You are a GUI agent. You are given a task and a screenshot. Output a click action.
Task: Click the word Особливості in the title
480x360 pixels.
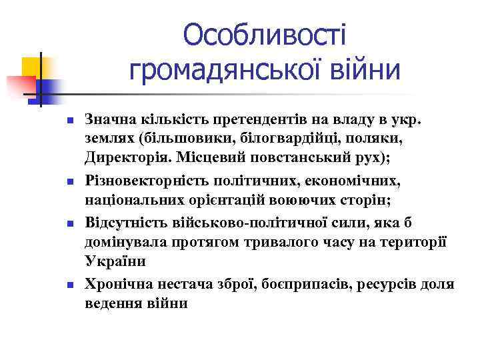click(265, 34)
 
